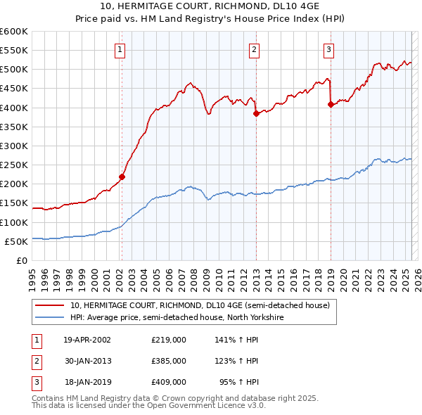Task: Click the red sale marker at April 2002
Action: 122,177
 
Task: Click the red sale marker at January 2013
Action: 256,114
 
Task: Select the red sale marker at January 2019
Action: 330,105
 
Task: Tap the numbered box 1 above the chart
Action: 121,49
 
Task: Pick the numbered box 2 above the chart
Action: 253,49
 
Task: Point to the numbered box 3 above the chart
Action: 328,49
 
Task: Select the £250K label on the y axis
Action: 14,165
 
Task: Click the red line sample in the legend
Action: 50,305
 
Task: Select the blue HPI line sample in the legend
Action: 50,317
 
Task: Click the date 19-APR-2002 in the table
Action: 87,340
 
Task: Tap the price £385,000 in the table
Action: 169,361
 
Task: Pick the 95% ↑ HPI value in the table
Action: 239,383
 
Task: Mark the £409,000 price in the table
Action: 169,383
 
